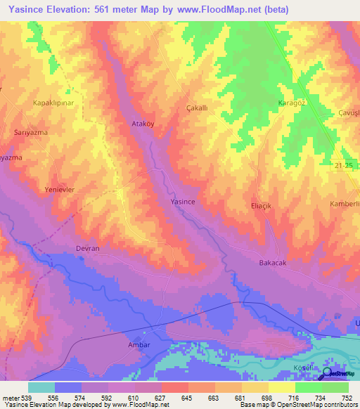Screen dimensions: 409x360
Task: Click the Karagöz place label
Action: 290,103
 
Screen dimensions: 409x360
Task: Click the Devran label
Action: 87,249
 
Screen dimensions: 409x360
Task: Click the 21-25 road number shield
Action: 342,164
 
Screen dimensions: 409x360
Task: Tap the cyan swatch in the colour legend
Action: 41,387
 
